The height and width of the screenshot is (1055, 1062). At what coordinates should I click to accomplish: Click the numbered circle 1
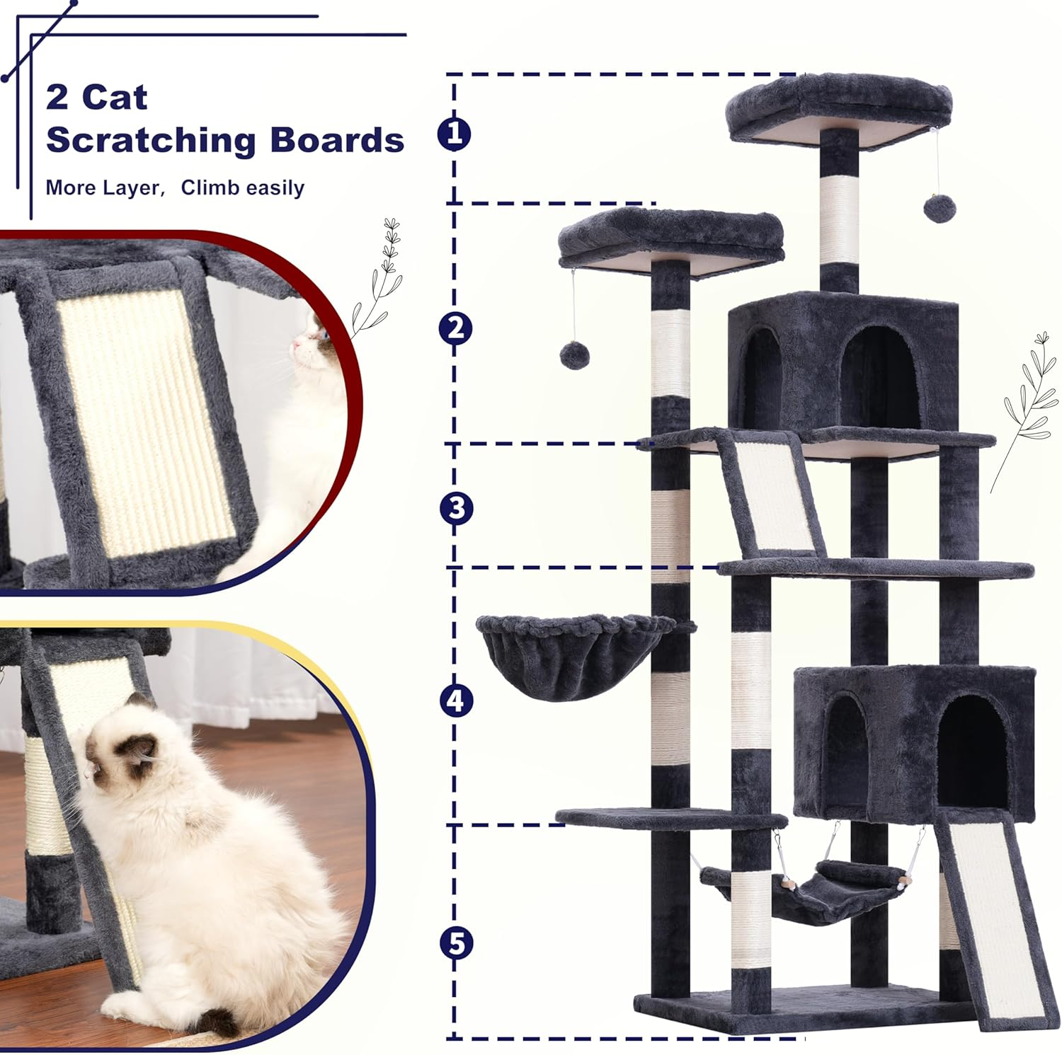(455, 134)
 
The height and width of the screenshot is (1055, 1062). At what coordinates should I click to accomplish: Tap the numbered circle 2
(455, 328)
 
